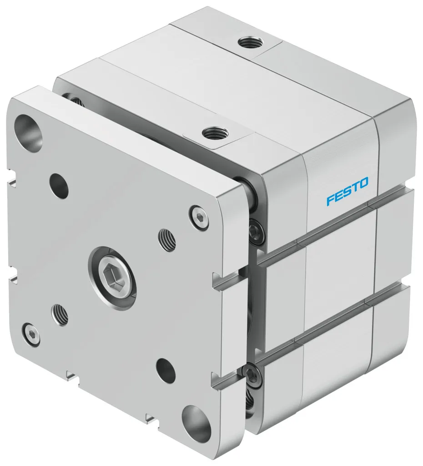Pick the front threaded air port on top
tap(213, 135)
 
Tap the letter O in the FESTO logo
tap(363, 184)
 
